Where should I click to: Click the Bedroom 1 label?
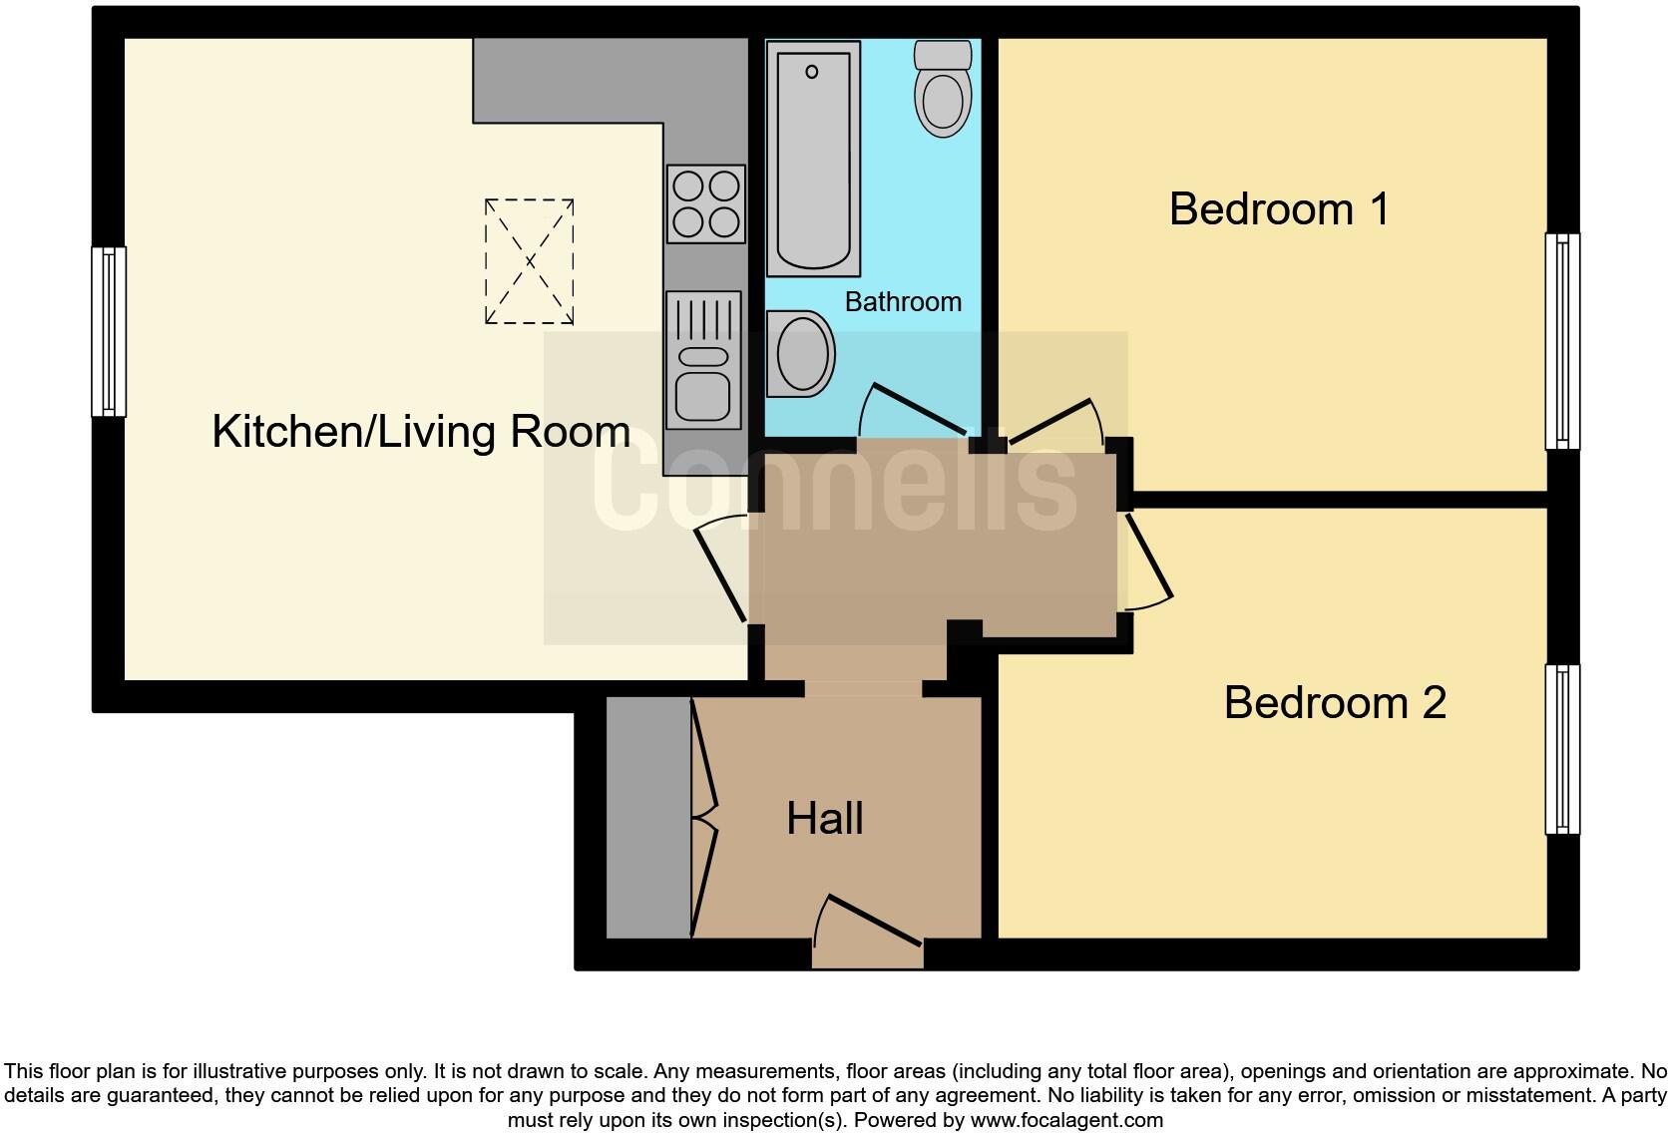click(1278, 209)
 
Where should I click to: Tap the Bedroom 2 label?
click(1334, 702)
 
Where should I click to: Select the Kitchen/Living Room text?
click(421, 432)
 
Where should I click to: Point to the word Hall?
click(824, 819)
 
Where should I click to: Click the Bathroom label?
click(903, 301)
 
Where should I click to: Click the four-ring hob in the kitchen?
click(706, 203)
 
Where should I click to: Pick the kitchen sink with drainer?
click(703, 359)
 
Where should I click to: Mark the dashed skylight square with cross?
click(529, 261)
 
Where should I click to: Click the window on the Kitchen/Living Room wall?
click(108, 331)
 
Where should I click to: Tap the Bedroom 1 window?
click(1562, 341)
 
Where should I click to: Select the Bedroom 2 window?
click(1562, 748)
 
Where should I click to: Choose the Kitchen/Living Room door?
click(721, 571)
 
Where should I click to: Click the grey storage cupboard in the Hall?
click(648, 818)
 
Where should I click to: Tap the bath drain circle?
click(812, 72)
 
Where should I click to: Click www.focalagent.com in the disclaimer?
click(1065, 1120)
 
